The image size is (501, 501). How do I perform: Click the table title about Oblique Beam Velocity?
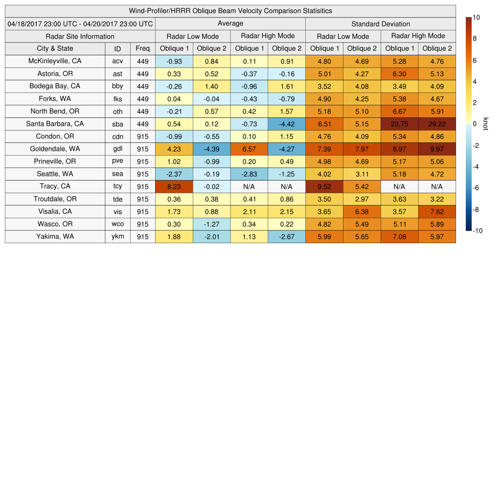click(230, 11)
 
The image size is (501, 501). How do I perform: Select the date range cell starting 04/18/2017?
click(80, 23)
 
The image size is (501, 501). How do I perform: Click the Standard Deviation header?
click(381, 23)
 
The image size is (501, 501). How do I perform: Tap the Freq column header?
click(143, 48)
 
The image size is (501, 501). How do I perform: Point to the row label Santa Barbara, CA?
click(55, 124)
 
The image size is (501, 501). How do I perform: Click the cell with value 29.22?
click(437, 124)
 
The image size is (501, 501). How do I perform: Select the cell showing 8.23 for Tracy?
click(174, 186)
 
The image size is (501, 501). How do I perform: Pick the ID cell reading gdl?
click(117, 149)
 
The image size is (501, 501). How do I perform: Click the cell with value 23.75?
click(399, 124)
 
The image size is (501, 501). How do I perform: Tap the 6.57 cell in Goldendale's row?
click(249, 149)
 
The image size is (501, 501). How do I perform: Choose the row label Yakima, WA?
click(55, 237)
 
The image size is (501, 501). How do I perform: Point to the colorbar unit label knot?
click(485, 124)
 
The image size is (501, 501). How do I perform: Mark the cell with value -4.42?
click(287, 124)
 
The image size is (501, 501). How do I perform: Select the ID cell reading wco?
click(117, 224)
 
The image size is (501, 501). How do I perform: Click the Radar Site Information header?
click(80, 36)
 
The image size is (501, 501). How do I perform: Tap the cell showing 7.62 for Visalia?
click(437, 212)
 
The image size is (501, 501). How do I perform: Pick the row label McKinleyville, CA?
click(55, 61)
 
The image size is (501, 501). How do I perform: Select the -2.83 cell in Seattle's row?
click(249, 174)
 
